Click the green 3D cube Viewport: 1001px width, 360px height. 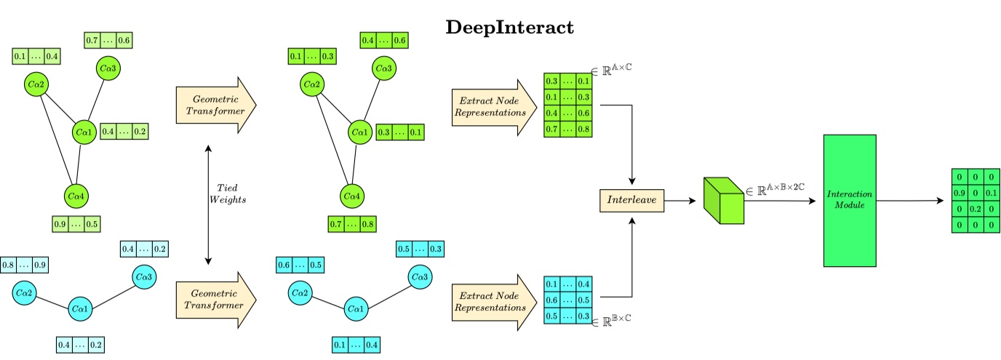723,199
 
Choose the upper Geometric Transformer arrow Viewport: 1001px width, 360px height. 216,105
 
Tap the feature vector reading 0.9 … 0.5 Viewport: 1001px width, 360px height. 76,224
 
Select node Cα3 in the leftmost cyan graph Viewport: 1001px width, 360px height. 144,278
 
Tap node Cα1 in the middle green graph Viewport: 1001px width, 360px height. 357,132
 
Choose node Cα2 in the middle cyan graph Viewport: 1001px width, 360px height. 300,293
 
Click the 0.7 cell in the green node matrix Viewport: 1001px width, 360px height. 553,129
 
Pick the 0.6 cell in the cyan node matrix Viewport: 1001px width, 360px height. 553,300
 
